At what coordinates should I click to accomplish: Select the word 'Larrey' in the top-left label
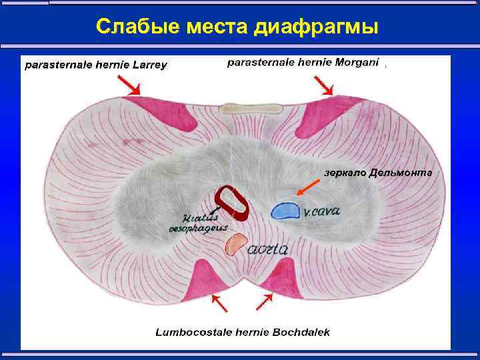pos(147,65)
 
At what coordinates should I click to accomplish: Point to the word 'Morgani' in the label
pos(355,63)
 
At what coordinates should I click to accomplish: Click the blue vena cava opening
pos(285,211)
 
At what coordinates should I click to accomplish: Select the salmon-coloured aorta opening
pos(235,245)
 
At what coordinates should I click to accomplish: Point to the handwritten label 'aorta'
pos(268,250)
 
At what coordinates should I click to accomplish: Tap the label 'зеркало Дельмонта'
pos(378,173)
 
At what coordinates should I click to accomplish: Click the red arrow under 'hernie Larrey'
pos(129,85)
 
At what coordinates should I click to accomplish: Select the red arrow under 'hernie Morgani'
pos(325,86)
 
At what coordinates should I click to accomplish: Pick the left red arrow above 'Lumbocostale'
pos(220,303)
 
